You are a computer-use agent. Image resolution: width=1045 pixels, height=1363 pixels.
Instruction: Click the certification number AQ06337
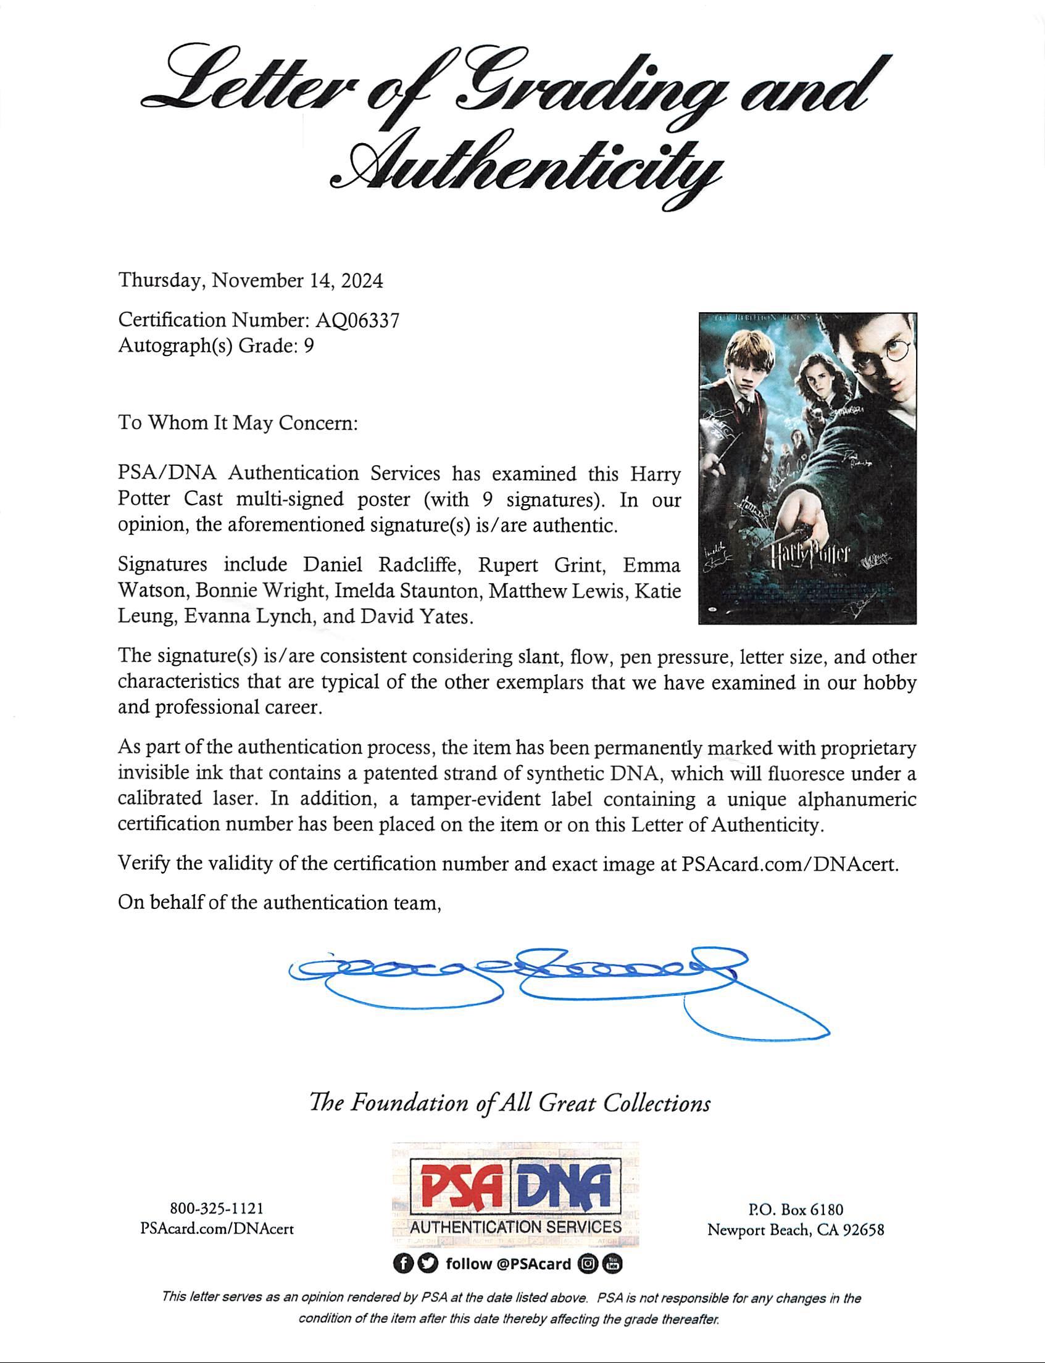(x=357, y=320)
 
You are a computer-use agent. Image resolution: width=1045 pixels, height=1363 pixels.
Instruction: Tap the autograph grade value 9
(x=309, y=346)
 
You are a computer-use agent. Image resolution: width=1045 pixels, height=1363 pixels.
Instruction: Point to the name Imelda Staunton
(x=408, y=590)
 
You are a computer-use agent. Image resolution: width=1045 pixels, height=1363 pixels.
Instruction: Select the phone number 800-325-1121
(x=217, y=1208)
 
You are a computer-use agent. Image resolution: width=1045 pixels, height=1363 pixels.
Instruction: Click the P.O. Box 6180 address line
(x=796, y=1209)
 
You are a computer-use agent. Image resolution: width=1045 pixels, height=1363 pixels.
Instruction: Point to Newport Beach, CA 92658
(x=796, y=1230)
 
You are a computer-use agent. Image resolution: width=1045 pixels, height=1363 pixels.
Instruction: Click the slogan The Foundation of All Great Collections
(x=510, y=1103)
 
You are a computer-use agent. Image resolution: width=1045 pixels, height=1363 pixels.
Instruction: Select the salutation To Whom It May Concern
(x=238, y=423)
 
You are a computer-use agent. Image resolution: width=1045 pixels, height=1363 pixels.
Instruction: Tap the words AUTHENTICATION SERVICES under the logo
(x=515, y=1227)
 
